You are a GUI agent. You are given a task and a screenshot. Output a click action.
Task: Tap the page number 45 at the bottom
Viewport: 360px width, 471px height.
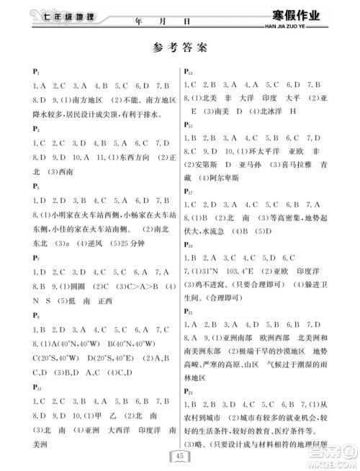click(x=179, y=455)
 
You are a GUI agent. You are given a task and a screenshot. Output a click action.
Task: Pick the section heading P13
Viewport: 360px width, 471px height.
click(x=188, y=73)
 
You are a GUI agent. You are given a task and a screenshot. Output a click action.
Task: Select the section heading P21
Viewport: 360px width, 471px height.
click(x=188, y=311)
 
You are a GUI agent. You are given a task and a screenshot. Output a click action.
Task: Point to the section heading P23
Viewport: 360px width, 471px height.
click(x=188, y=392)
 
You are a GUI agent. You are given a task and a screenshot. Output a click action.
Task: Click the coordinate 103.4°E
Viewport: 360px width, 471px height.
click(x=251, y=270)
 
